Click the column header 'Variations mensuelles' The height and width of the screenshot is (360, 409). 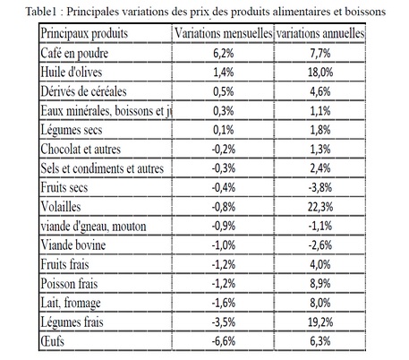tap(223, 33)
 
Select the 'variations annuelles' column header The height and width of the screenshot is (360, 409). tap(320, 33)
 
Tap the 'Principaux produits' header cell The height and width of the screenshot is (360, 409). tap(84, 33)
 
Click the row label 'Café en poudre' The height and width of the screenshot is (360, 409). tap(74, 54)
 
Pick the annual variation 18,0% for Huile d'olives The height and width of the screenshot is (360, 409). tap(320, 73)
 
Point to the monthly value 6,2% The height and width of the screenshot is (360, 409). tap(224, 54)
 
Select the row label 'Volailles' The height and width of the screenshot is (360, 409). tap(61, 207)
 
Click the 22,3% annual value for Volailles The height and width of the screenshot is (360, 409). tap(320, 207)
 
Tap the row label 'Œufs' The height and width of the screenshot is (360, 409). tap(52, 341)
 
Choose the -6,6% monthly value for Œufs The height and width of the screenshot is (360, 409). tap(224, 341)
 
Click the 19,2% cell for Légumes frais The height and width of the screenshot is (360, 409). tap(320, 322)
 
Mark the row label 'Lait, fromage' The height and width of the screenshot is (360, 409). tap(71, 304)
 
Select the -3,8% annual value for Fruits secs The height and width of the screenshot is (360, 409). tap(320, 188)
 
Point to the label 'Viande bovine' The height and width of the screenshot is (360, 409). tap(73, 245)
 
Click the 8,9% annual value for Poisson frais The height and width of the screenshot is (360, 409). tap(320, 284)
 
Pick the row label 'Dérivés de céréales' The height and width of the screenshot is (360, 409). tap(83, 91)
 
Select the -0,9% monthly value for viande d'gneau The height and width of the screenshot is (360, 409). tap(224, 226)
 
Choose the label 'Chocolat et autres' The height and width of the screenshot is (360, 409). tap(81, 149)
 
